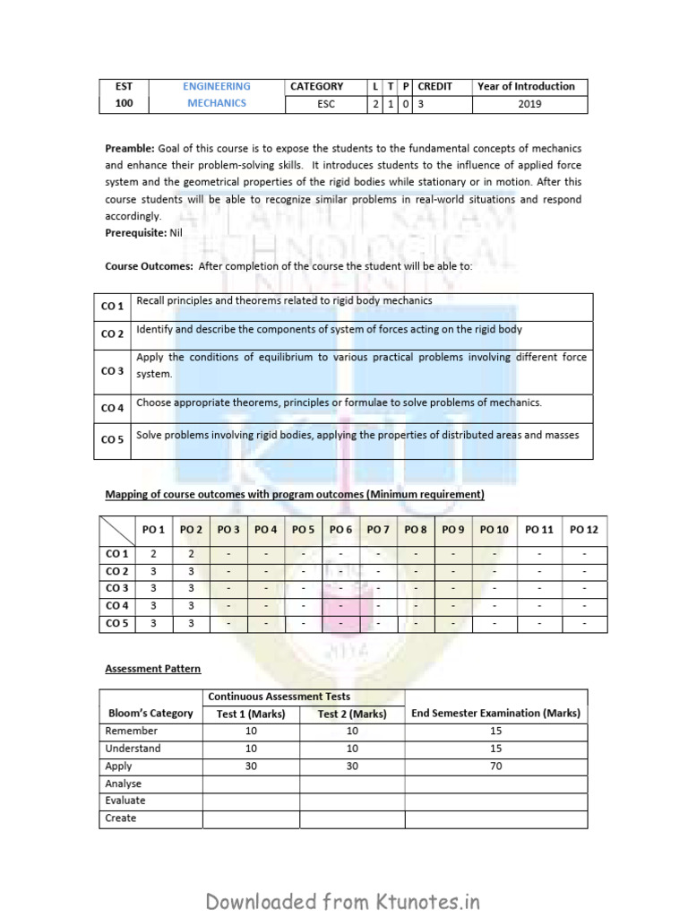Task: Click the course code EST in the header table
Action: [x=123, y=87]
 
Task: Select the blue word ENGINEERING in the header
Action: [x=217, y=87]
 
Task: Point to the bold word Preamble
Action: [x=130, y=147]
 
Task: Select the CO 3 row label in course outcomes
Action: [x=113, y=371]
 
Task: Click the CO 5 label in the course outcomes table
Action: [x=113, y=439]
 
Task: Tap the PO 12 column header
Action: [x=583, y=530]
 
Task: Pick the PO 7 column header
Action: [x=378, y=530]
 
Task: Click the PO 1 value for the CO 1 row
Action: [x=153, y=555]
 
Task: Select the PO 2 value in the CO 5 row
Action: [x=191, y=623]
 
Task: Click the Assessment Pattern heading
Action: [x=153, y=669]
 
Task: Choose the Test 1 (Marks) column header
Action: [x=251, y=714]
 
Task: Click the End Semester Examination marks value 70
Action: [x=496, y=766]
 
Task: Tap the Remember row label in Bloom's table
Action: [x=132, y=732]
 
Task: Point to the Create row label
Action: [x=121, y=818]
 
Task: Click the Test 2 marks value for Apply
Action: [x=351, y=766]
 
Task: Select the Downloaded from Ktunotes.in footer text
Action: [x=343, y=901]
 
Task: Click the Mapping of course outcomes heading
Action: [x=295, y=494]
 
